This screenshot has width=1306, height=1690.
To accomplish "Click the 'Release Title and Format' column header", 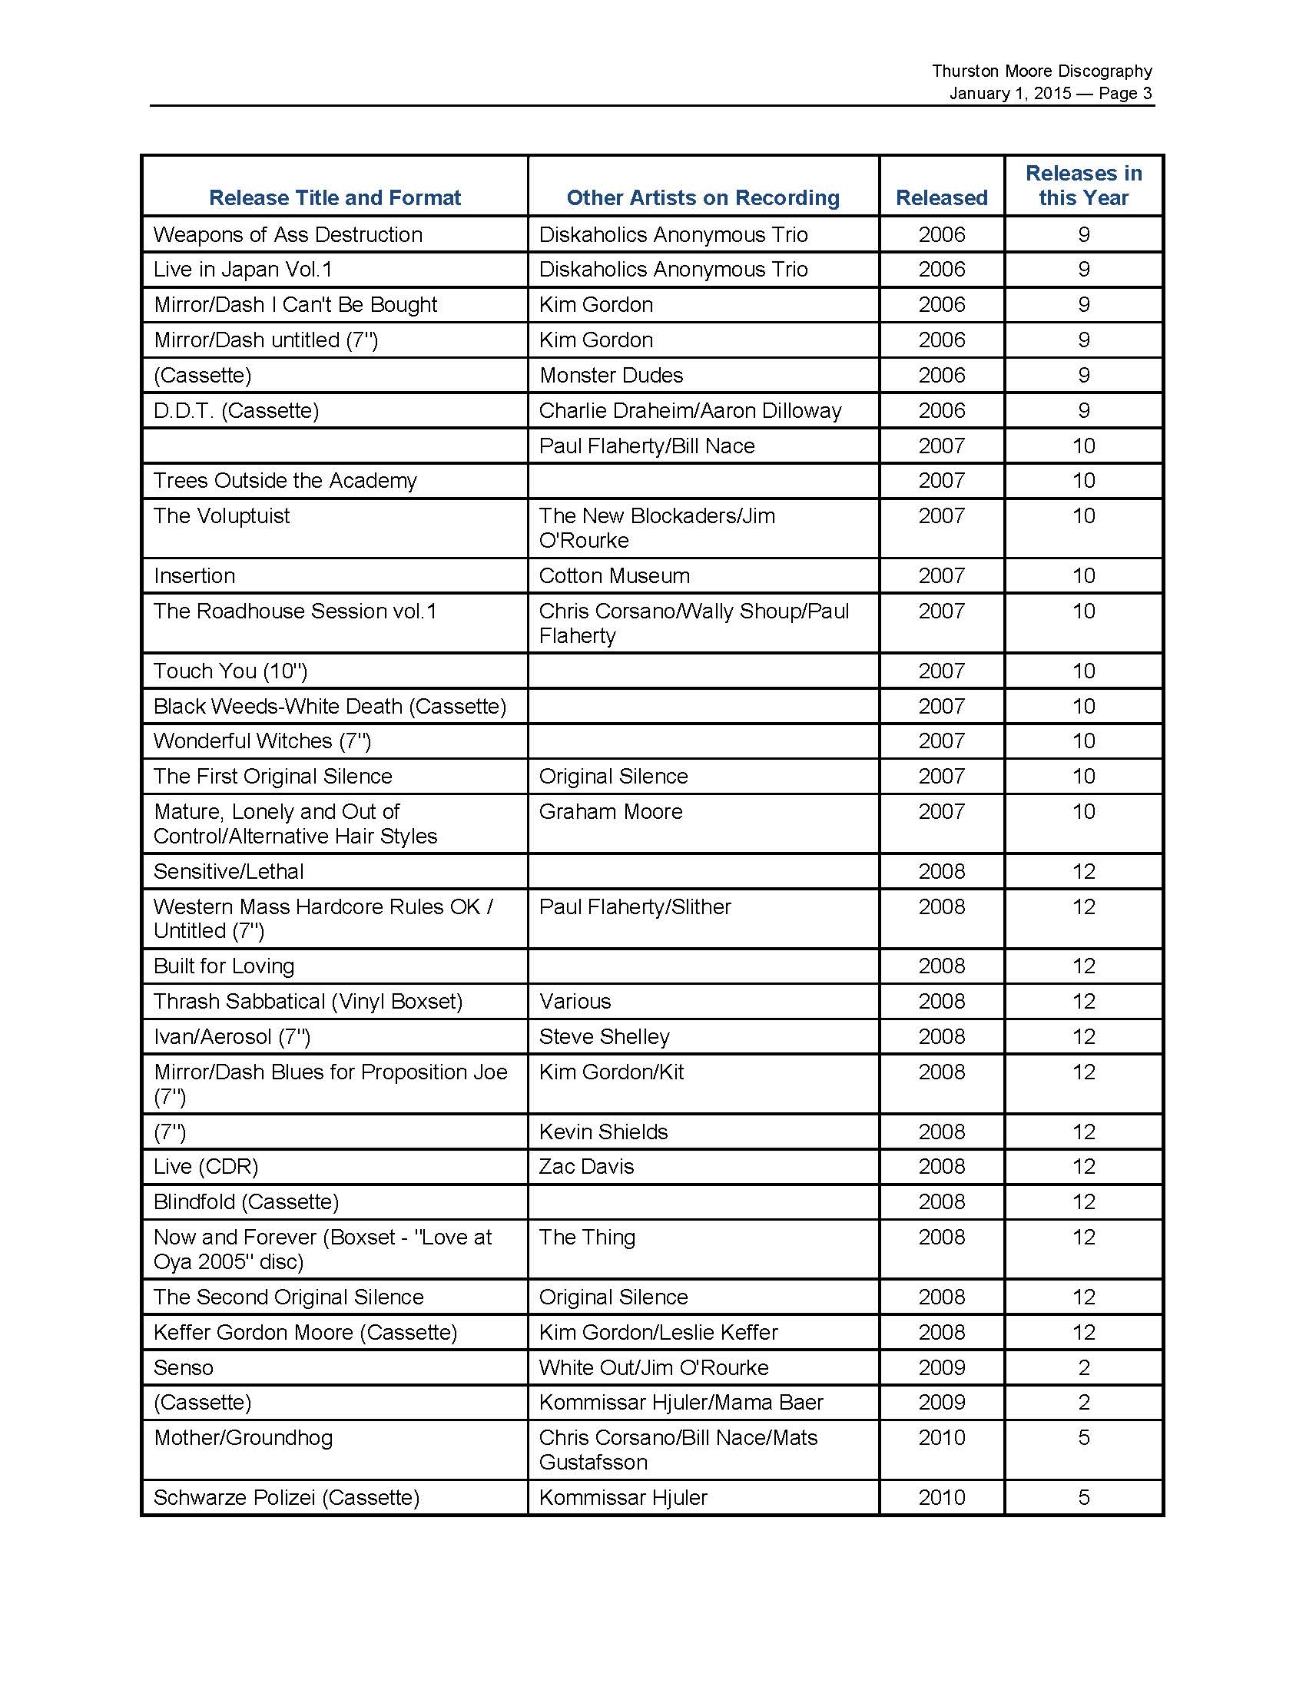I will (x=334, y=198).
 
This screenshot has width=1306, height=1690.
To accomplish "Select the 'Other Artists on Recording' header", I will (x=702, y=198).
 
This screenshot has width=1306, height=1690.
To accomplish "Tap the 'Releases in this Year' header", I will (x=1083, y=186).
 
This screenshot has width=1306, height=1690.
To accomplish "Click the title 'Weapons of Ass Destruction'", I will (x=288, y=234).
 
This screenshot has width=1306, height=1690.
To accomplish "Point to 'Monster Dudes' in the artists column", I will (x=612, y=376).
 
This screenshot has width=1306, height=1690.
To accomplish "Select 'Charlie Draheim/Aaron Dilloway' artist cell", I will (x=690, y=410).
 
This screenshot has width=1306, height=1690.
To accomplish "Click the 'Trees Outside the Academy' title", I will (x=285, y=481).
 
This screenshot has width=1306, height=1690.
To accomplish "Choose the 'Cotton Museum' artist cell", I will (x=615, y=575).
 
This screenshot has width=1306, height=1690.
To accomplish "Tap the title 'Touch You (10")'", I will (x=230, y=671).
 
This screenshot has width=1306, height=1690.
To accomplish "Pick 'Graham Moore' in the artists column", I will (x=611, y=812).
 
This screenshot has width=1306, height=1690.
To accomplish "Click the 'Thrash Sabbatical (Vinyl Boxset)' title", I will (x=308, y=1001).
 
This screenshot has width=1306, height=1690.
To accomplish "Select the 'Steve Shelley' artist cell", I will (x=605, y=1037).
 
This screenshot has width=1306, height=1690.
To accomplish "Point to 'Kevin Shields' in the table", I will (x=604, y=1132).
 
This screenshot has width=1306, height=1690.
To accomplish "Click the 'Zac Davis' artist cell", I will (x=586, y=1167).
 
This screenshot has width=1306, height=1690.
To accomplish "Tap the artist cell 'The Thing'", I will (x=587, y=1238).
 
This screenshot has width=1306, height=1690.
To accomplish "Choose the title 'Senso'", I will (x=184, y=1367).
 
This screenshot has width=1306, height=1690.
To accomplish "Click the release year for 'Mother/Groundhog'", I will (x=942, y=1438).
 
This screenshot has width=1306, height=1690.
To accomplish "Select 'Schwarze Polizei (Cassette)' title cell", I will (x=287, y=1497).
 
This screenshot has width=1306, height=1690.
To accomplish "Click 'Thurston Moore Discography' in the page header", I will (x=1042, y=71).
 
